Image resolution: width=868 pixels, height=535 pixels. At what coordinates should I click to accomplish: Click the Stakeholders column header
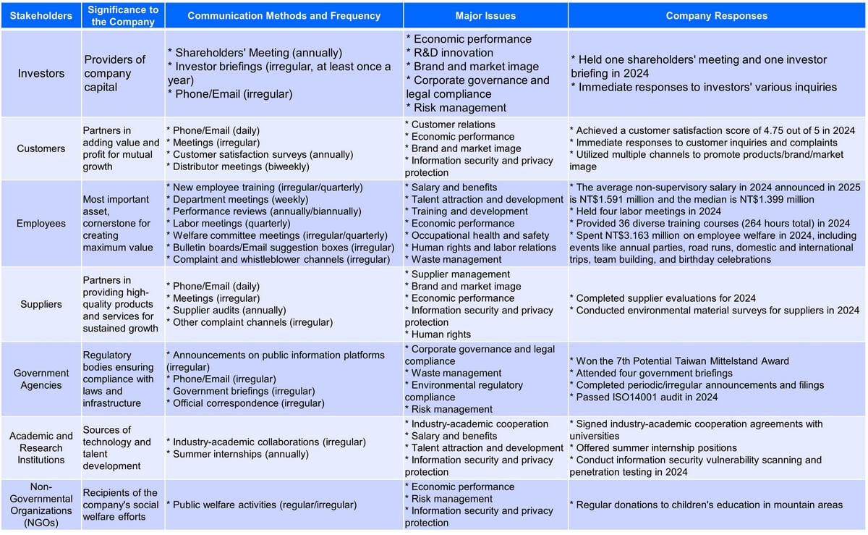point(41,15)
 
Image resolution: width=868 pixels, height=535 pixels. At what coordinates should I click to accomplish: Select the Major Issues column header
point(485,15)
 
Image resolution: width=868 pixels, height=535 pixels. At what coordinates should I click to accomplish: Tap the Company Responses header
point(717,15)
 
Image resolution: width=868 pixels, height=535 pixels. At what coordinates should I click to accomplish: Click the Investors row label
point(41,73)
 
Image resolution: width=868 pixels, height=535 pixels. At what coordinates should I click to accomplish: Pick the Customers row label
point(41,148)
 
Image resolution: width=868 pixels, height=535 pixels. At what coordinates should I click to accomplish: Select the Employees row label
point(41,223)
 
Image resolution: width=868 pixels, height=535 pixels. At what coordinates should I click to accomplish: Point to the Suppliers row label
point(41,304)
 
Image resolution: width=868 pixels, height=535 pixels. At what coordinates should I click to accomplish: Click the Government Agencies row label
point(41,379)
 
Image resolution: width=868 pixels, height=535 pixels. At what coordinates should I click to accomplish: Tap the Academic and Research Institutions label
point(41,447)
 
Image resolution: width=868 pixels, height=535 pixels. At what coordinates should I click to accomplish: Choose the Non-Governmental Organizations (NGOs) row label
point(41,505)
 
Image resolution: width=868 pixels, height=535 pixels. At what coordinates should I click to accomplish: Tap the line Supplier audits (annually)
point(233,310)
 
